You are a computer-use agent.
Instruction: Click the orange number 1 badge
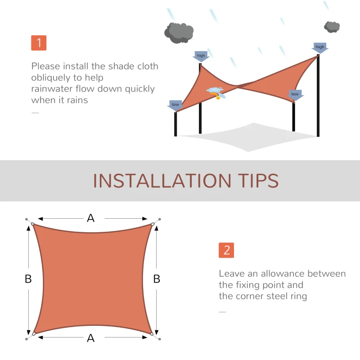tap(39, 43)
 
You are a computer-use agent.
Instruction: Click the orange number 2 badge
tap(226, 250)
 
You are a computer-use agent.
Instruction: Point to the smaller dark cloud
tap(332, 27)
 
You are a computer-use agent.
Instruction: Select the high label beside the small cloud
tap(319, 47)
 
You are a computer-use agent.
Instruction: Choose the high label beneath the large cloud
tap(201, 56)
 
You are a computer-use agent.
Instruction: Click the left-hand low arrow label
tap(175, 105)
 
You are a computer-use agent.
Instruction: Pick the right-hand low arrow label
tap(295, 94)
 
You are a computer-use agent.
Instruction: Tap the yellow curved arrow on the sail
tap(219, 96)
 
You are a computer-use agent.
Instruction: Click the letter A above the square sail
tap(91, 218)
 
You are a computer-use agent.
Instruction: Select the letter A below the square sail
tap(91, 338)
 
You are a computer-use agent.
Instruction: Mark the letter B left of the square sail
tap(28, 279)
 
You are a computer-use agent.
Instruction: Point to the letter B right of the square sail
tap(157, 279)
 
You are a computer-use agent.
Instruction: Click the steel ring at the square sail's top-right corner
tap(153, 224)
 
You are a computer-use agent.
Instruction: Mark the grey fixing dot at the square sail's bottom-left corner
tap(27, 339)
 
